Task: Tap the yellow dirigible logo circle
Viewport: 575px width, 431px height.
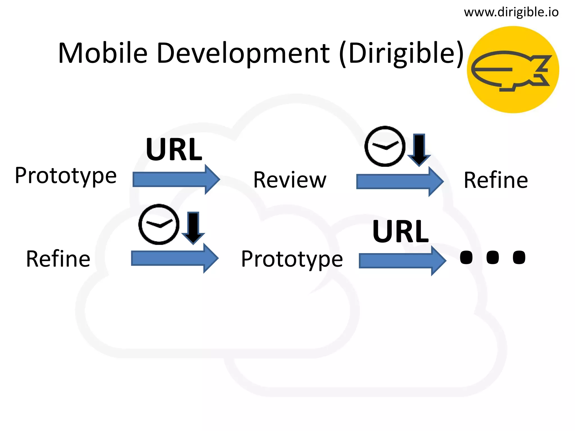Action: click(x=513, y=70)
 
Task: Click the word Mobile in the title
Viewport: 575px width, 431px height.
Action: click(x=103, y=53)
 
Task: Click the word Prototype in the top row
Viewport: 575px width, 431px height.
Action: click(x=66, y=176)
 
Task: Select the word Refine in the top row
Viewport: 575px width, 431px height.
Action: click(x=496, y=180)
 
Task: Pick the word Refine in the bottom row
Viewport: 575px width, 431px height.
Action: click(x=58, y=258)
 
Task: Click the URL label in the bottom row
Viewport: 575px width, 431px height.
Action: click(x=401, y=231)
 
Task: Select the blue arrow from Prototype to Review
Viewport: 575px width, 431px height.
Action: click(x=176, y=180)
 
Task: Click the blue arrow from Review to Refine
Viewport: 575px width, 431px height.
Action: click(x=400, y=182)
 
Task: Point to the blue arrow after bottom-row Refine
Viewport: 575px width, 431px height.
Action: click(x=174, y=258)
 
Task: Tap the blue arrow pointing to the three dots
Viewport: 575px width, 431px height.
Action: click(x=402, y=261)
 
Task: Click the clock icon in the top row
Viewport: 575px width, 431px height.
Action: click(x=385, y=146)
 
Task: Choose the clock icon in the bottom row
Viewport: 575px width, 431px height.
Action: click(x=159, y=224)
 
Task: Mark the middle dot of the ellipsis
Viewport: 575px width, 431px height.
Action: click(x=493, y=257)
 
